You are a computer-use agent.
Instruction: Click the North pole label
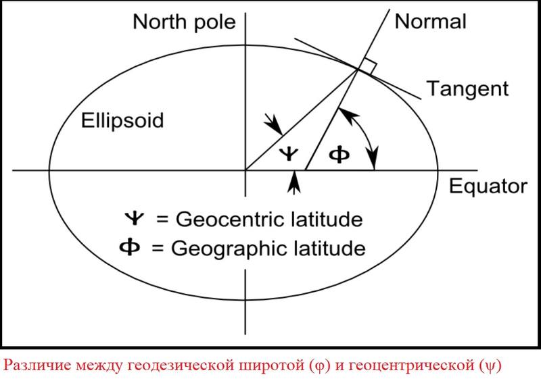click(x=184, y=22)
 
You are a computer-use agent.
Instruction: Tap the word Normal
click(x=430, y=22)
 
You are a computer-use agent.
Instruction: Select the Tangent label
click(x=467, y=89)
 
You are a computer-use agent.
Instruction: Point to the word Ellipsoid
click(x=122, y=121)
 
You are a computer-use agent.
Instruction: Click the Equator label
click(x=488, y=186)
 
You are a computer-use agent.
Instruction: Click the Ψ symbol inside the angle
click(x=289, y=154)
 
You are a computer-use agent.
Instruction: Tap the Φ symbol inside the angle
click(x=339, y=155)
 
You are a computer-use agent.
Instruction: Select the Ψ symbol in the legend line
click(x=134, y=218)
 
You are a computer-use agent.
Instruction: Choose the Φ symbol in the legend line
click(x=130, y=247)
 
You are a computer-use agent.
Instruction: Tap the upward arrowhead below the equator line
click(x=293, y=179)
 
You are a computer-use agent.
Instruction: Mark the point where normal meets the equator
click(x=306, y=170)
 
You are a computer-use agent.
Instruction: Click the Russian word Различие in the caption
click(x=37, y=365)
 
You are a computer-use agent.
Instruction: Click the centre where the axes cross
click(x=245, y=170)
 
